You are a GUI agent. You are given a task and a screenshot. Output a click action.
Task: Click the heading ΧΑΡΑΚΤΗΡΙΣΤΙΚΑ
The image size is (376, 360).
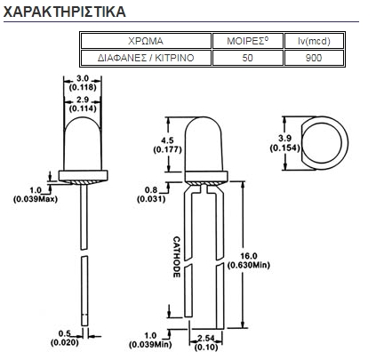[x=64, y=12]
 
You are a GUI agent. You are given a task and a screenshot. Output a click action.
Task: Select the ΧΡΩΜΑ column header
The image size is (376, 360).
[x=146, y=41]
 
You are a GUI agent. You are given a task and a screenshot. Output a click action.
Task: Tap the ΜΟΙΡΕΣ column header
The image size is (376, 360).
[x=248, y=41]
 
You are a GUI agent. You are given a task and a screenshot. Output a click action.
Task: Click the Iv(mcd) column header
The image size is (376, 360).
[x=314, y=41]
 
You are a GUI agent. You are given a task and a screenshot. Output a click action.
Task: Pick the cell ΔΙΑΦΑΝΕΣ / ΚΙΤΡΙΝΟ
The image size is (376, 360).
[x=146, y=58]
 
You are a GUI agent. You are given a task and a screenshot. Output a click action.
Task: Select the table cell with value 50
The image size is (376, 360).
[x=248, y=58]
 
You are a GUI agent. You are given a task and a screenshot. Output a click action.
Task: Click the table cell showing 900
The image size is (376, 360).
[x=314, y=58]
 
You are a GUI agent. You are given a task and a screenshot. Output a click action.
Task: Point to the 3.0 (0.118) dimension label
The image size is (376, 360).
[x=83, y=83]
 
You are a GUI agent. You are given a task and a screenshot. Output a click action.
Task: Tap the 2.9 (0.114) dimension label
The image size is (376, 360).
[x=83, y=104]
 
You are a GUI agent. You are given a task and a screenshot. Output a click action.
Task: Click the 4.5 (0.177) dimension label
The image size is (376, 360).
[x=167, y=145]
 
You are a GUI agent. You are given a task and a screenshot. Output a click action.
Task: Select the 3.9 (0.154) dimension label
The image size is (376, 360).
[x=284, y=143]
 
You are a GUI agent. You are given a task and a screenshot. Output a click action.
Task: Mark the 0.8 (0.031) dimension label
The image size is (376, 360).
[x=151, y=195]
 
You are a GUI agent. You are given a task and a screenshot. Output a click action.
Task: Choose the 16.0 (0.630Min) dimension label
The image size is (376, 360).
[x=249, y=260]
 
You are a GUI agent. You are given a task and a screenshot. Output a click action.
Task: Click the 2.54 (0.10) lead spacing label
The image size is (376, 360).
[x=206, y=342]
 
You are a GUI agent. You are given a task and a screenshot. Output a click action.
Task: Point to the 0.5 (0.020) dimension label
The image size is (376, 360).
[x=65, y=338]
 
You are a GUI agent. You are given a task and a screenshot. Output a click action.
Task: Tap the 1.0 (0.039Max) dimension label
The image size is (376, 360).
[x=36, y=195]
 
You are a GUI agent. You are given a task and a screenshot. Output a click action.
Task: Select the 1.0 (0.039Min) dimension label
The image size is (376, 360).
[x=150, y=340]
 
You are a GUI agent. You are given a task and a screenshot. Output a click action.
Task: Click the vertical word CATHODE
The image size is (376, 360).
[x=177, y=257]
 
